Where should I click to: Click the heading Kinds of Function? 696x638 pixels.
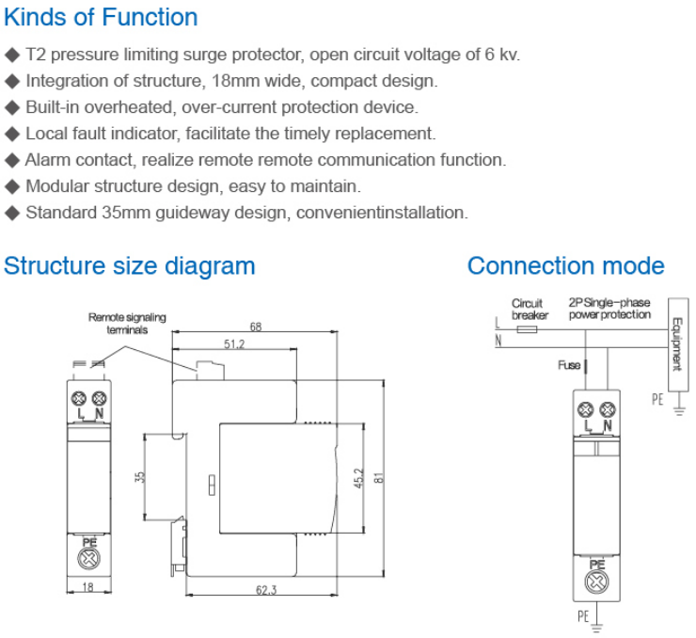(x=101, y=17)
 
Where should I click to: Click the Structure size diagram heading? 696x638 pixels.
(x=130, y=265)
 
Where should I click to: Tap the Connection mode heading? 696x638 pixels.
(x=565, y=265)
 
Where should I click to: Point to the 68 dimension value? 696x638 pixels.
(x=255, y=327)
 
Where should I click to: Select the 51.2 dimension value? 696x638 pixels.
(x=234, y=345)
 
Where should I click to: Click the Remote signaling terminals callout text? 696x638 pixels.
(x=127, y=324)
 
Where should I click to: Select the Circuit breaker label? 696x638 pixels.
(x=529, y=309)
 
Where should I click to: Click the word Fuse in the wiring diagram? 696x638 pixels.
(x=568, y=365)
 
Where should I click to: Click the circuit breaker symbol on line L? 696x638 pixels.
(x=529, y=330)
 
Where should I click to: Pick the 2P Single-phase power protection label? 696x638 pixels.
(x=609, y=309)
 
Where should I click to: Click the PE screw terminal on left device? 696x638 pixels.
(x=90, y=557)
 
